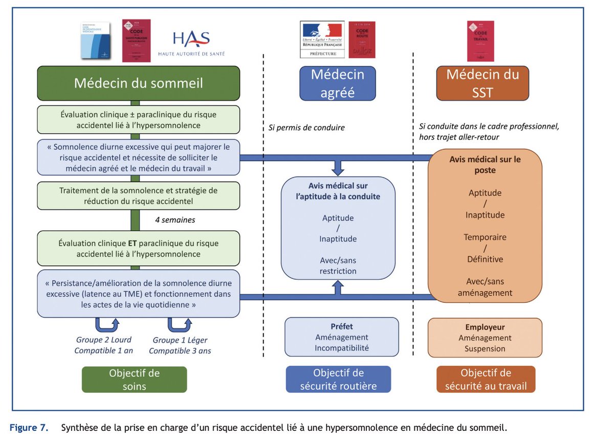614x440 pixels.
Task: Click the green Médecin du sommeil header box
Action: (138, 83)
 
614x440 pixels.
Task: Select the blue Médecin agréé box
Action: (338, 83)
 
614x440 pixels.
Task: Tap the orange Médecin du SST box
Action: (483, 83)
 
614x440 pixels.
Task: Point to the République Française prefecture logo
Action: (321, 40)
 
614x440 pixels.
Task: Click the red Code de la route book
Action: (362, 39)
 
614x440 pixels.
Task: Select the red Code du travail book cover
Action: (480, 40)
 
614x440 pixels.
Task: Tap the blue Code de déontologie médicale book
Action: (96, 41)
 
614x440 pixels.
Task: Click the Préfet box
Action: (341, 337)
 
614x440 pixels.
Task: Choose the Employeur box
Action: (485, 338)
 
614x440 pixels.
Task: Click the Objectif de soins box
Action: (134, 379)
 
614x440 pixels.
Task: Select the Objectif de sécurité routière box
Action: (338, 379)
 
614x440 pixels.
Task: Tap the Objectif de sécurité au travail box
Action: (485, 379)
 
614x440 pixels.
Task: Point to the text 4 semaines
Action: (174, 221)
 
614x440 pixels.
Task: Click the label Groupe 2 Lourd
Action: (103, 340)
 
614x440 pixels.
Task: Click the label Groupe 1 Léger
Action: (180, 340)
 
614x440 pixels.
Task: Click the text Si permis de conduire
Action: (306, 127)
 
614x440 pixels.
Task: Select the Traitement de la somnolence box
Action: (138, 195)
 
